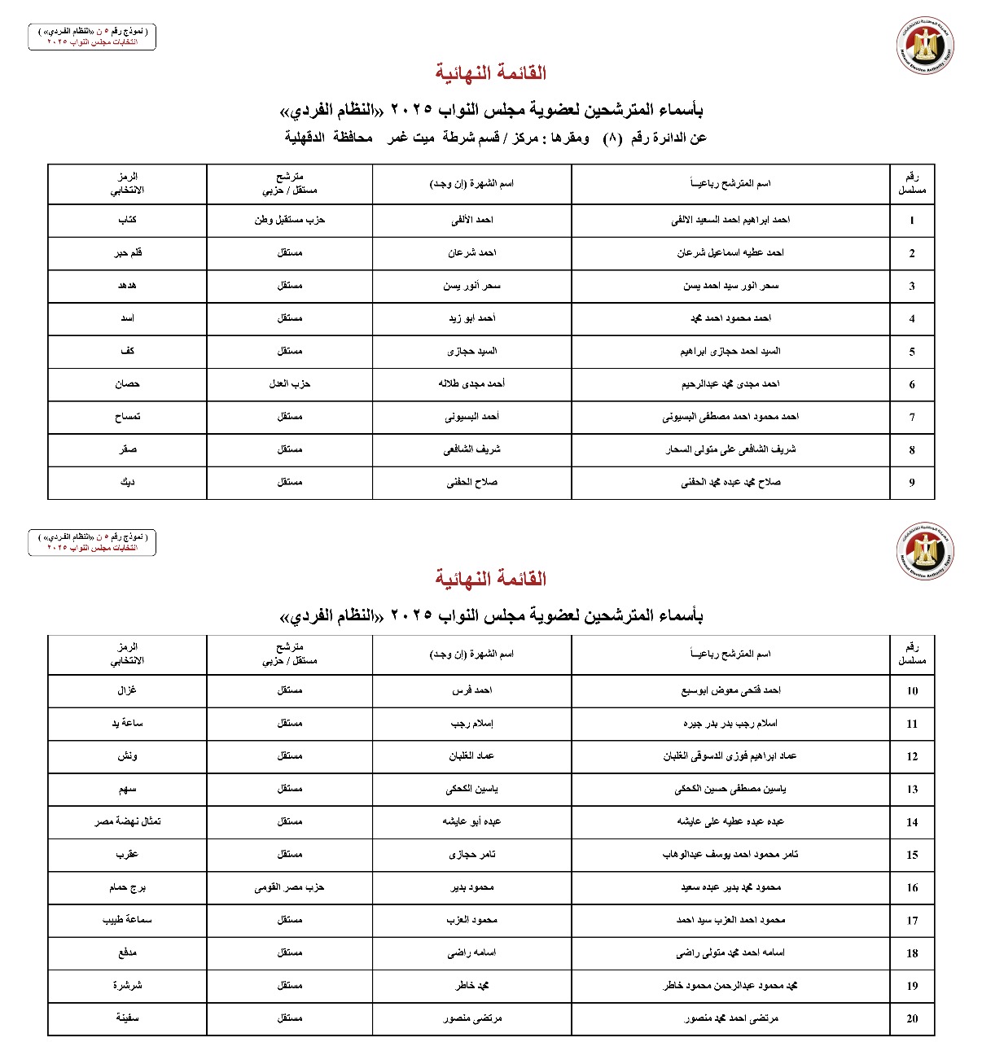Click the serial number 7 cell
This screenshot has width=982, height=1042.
[912, 417]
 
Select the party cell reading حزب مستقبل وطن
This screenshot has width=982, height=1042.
[290, 220]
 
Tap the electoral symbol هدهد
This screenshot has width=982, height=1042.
[127, 286]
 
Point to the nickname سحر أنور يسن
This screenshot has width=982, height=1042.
[471, 286]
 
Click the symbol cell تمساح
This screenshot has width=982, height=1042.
[127, 417]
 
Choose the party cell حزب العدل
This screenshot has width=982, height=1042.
[290, 383]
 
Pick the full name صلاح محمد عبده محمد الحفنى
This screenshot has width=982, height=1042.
[730, 482]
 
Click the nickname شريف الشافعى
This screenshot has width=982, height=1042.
[471, 449]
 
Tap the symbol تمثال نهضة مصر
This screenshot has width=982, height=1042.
[127, 821]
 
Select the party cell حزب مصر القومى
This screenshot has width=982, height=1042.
[290, 887]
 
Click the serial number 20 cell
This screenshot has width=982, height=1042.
[912, 1018]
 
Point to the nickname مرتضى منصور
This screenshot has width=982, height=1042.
[471, 1018]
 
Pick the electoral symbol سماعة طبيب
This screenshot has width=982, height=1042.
[127, 920]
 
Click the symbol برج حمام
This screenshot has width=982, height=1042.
[127, 887]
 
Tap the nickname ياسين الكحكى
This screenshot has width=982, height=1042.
[471, 789]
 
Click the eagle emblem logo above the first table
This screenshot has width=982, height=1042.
[924, 45]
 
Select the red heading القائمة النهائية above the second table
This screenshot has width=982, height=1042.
[490, 579]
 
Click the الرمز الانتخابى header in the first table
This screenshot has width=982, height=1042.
[127, 183]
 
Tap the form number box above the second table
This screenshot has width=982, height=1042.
[92, 542]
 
